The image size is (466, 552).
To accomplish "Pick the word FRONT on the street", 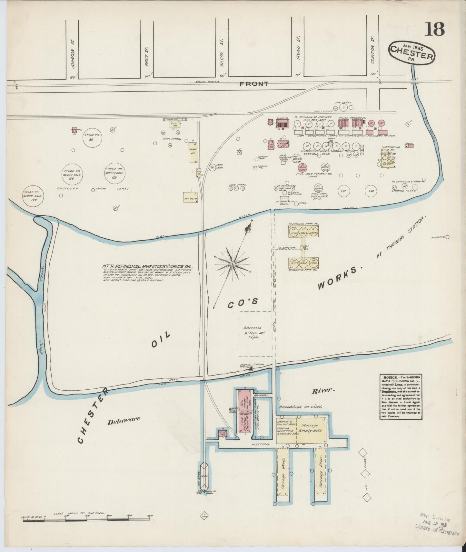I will pyautogui.click(x=254, y=84).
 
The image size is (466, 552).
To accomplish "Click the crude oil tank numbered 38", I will pyautogui.click(x=91, y=139).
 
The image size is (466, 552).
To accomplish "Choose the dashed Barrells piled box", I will pyautogui.click(x=255, y=334).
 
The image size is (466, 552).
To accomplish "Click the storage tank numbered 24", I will pyautogui.click(x=372, y=191).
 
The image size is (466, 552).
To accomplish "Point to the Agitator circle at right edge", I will pyautogui.click(x=448, y=237).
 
